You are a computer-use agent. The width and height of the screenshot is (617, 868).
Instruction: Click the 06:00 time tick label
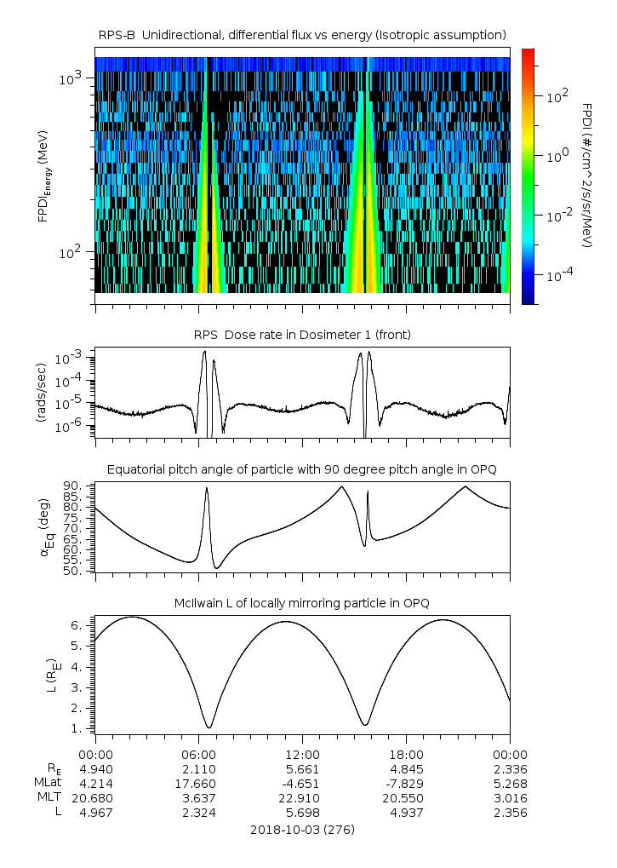click(198, 754)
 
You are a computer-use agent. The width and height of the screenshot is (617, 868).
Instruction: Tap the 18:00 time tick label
click(406, 754)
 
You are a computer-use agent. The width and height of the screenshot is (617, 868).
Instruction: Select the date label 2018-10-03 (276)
click(302, 829)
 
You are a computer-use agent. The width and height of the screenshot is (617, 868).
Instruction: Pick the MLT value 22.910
click(302, 798)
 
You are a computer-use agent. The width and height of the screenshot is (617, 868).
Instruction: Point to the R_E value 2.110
click(198, 768)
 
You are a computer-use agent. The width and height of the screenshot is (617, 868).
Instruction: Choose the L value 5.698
click(302, 813)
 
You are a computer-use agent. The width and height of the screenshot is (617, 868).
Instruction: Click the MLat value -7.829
click(406, 783)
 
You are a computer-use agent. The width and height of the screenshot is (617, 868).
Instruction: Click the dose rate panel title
click(302, 335)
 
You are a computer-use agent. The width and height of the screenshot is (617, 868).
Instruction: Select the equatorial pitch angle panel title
click(302, 469)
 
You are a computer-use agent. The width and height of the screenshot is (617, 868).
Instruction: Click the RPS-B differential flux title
click(302, 34)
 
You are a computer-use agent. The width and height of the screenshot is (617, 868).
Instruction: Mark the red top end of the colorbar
click(528, 53)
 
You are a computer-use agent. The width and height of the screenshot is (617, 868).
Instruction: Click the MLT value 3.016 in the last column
click(510, 798)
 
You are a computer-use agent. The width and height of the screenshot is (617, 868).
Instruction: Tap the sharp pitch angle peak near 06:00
click(206, 488)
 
